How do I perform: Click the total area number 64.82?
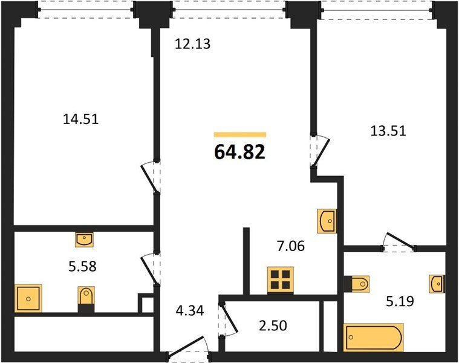click(239, 152)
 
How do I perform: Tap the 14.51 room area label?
click(81, 119)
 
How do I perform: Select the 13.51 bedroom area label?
click(388, 131)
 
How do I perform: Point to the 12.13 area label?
click(193, 44)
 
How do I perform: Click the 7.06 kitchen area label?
click(291, 246)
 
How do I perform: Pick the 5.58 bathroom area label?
click(83, 267)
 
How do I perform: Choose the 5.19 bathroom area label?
click(400, 301)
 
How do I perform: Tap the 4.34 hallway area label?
click(190, 310)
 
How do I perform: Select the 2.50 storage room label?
click(273, 325)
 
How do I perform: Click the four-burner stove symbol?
click(281, 280)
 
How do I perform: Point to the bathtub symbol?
click(373, 337)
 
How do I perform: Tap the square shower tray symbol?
click(28, 298)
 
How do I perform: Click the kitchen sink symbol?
click(327, 221)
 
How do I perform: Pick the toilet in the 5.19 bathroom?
click(357, 284)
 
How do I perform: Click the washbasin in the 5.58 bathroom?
click(84, 239)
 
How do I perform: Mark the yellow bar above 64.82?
click(240, 135)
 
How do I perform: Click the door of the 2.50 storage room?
click(229, 321)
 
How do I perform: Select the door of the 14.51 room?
click(150, 177)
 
